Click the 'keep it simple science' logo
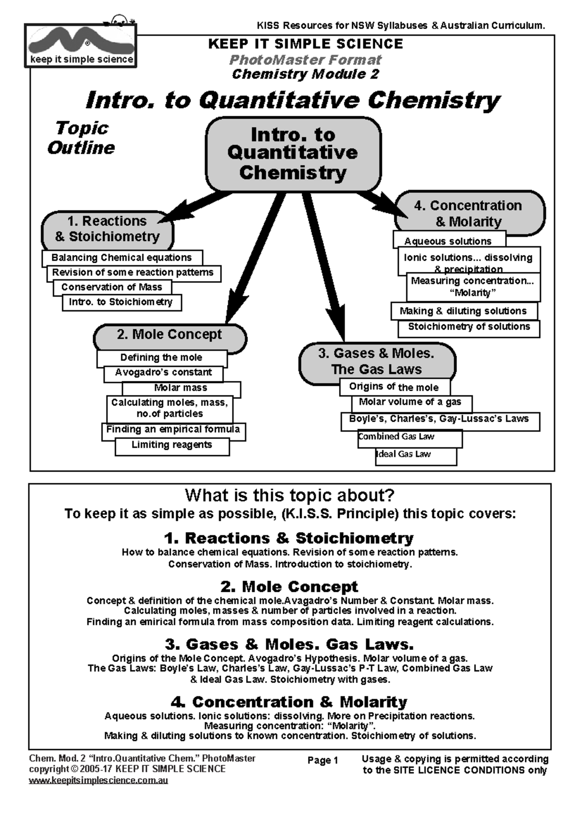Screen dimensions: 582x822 coord(81,46)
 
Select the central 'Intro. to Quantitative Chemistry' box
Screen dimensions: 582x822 coord(293,154)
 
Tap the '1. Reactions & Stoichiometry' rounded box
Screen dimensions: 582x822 coord(107,229)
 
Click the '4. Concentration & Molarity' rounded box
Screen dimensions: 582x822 coord(469,213)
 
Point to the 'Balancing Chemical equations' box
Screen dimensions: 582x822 coord(122,258)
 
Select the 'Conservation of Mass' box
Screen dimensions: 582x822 coord(112,287)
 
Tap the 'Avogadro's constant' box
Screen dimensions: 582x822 coord(163,373)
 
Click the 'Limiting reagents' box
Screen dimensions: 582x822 coord(172,445)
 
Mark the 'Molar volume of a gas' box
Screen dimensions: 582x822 coord(410,402)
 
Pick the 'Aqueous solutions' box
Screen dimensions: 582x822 coord(448,241)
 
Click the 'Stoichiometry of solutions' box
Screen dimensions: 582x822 coord(469,327)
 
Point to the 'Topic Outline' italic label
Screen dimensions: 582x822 coord(81,138)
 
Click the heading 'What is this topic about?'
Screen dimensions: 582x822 coord(290,495)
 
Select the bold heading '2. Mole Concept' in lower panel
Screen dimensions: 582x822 coord(290,586)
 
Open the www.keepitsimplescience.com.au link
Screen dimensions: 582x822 coord(98,781)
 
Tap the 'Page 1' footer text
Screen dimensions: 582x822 coord(323,760)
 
